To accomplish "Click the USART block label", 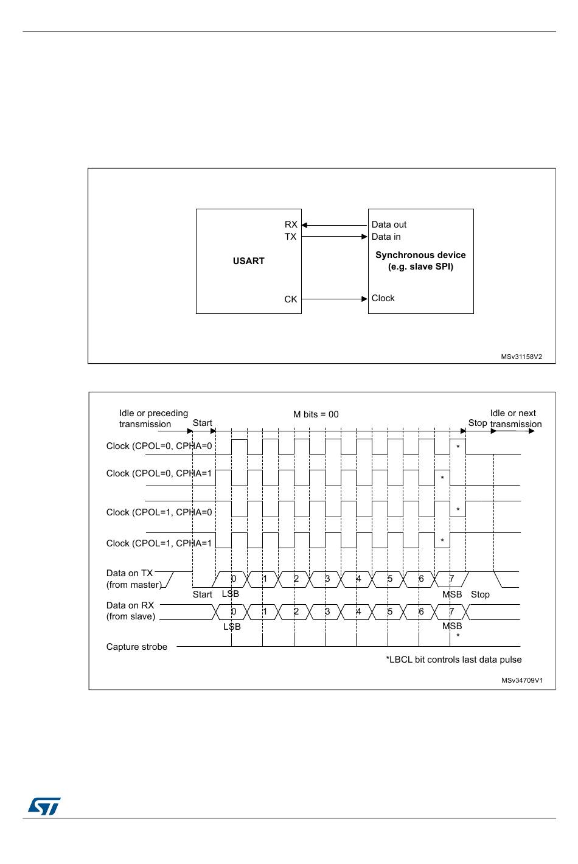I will pos(248,261).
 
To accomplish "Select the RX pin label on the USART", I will pos(291,225).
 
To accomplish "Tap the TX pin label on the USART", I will pos(291,237).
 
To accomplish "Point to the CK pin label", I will pos(291,299).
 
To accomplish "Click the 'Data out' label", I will pos(389,225).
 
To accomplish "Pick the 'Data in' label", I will pos(386,237).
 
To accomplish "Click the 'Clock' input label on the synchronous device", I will pos(383,298).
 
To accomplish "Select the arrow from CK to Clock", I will pos(335,299).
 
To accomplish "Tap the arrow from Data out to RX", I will pos(335,225).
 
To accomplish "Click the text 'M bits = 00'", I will pos(316,414).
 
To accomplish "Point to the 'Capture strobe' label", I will pos(136,647).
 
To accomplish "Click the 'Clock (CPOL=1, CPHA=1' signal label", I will pos(159,543).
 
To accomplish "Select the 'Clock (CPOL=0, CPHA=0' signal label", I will pos(159,446).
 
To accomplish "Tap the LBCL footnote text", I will pos(453,660).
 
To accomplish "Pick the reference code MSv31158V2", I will pos(521,357).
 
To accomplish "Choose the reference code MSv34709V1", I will pos(521,681).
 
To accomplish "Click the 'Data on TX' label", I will pos(130,573).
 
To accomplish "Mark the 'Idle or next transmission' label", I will pos(515,419).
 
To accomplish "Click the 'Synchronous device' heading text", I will pos(420,255).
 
